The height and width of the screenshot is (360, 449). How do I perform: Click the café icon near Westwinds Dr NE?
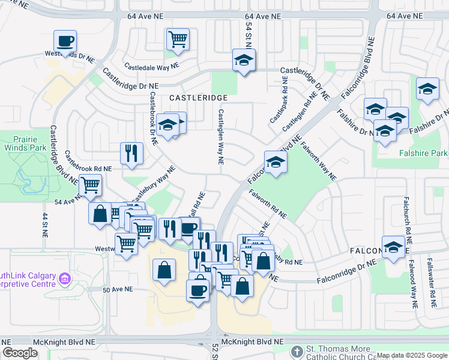[65, 42]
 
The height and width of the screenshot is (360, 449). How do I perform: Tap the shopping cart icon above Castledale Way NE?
[178, 40]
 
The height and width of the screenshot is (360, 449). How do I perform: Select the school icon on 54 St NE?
[244, 61]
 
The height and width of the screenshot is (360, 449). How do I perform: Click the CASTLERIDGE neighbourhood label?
[198, 97]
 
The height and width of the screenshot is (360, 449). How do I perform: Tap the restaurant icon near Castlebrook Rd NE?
[131, 154]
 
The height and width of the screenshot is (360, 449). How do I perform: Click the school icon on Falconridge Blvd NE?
[276, 162]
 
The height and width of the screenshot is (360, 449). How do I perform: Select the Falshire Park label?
[423, 153]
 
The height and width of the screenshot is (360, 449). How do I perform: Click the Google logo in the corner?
[20, 353]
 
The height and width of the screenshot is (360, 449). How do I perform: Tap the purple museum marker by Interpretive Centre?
[65, 278]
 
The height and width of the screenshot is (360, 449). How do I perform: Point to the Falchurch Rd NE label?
[407, 215]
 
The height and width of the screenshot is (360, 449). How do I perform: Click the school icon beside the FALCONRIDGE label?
[393, 248]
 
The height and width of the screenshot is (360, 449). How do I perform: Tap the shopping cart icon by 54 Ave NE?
[90, 186]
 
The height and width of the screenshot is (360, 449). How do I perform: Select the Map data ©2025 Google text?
[411, 355]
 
